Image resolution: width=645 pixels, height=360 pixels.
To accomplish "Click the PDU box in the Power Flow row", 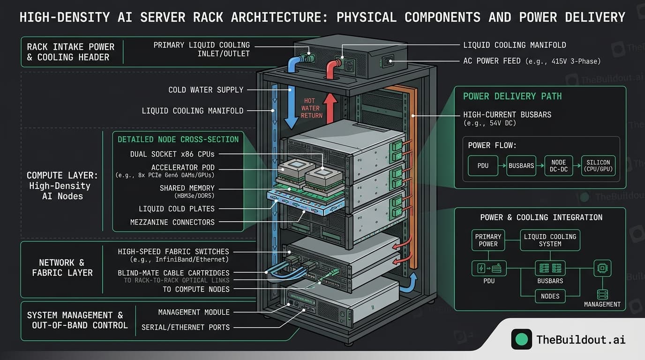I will (483, 166).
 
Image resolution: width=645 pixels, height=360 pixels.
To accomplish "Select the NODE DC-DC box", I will (558, 166).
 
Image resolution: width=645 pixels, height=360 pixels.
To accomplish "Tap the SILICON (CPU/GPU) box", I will (598, 166).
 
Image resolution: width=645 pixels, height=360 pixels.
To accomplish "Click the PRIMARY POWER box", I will (488, 240).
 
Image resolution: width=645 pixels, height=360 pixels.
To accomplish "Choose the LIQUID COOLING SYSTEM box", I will (550, 240).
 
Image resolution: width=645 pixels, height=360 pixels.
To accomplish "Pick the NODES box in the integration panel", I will (550, 296).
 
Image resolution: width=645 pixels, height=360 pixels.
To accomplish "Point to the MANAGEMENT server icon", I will (602, 294).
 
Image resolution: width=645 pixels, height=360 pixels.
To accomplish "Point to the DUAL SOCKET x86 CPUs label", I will (172, 154).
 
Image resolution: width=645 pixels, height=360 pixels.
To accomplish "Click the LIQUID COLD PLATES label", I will (177, 209).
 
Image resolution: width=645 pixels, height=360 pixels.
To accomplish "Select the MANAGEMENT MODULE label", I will (194, 312).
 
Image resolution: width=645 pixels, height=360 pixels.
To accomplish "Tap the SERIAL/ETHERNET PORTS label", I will (186, 327).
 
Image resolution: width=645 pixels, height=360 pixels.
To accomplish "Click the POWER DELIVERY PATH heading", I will (512, 96).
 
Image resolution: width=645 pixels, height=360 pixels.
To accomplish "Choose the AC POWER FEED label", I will (532, 61).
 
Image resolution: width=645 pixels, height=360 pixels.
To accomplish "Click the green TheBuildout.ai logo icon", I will (521, 339).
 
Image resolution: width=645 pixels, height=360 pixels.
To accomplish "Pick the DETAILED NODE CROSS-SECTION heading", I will (178, 139).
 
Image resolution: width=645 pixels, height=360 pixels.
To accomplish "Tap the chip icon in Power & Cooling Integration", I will (602, 268).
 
